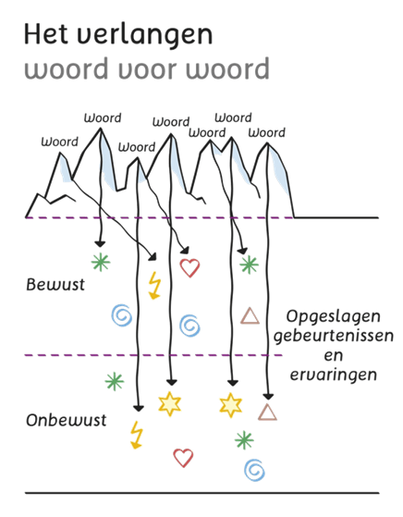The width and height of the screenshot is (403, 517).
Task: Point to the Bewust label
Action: point(55,285)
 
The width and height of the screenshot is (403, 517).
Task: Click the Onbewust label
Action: point(67,420)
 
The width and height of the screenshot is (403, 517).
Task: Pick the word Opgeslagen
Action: point(333,317)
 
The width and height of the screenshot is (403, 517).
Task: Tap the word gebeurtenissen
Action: point(334,337)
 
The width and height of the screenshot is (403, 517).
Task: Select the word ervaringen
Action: point(333,375)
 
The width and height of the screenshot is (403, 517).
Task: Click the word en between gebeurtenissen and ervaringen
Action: point(334,356)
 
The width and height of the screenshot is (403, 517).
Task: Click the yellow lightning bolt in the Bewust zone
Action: point(154,286)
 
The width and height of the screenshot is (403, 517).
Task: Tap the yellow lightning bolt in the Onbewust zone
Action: point(137,436)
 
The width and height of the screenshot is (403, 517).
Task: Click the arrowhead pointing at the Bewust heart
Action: point(185,250)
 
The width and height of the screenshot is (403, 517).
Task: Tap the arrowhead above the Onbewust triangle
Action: point(268,397)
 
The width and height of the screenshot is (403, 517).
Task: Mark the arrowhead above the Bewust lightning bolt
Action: point(153,257)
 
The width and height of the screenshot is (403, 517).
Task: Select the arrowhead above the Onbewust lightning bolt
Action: point(139,408)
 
